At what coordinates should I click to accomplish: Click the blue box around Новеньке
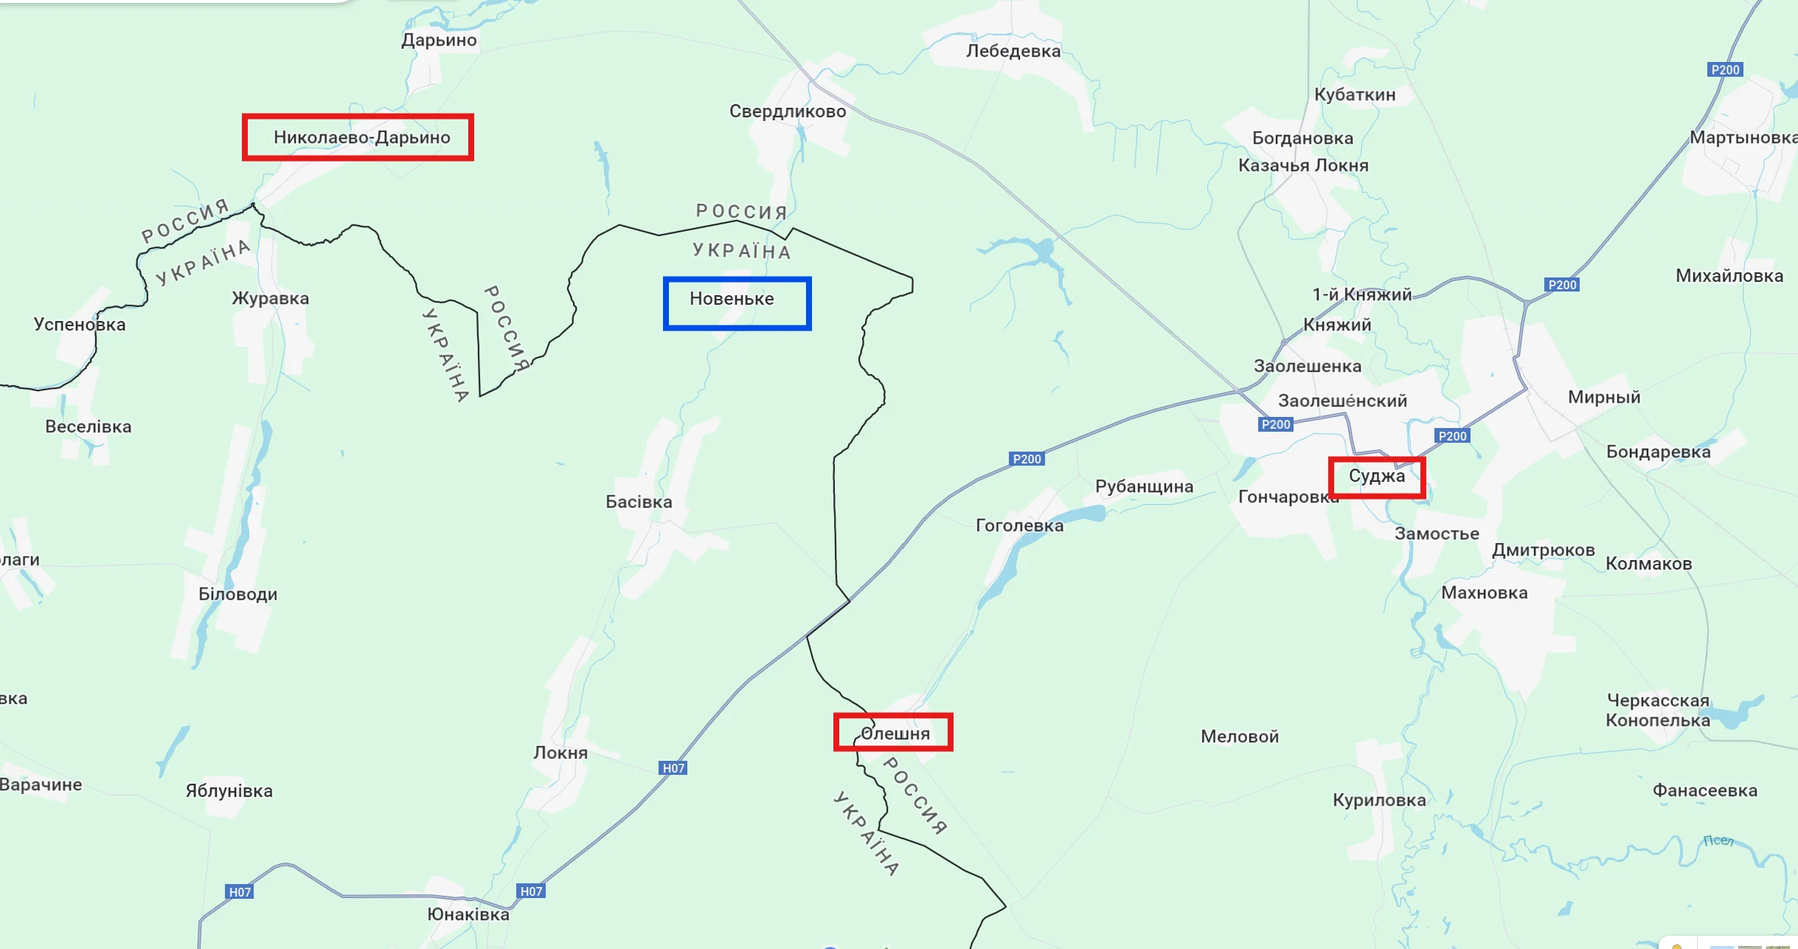pyautogui.click(x=737, y=303)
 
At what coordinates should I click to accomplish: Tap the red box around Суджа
pyautogui.click(x=1376, y=477)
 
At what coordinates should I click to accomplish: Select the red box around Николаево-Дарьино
pyautogui.click(x=358, y=137)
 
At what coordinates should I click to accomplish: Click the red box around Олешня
pyautogui.click(x=893, y=732)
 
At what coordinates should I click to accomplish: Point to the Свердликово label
pyautogui.click(x=788, y=111)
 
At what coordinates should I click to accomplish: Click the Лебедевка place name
pyautogui.click(x=1013, y=51)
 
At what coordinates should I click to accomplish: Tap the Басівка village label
pyautogui.click(x=639, y=502)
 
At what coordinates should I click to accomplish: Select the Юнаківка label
pyautogui.click(x=468, y=914)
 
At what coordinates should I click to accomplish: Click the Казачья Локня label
pyautogui.click(x=1303, y=165)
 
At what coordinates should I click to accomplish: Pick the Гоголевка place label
pyautogui.click(x=1019, y=525)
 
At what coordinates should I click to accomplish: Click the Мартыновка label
pyautogui.click(x=1743, y=137)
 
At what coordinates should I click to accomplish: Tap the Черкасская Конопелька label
pyautogui.click(x=1658, y=710)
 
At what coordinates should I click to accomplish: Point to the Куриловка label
pyautogui.click(x=1379, y=800)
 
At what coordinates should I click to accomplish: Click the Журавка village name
pyautogui.click(x=270, y=298)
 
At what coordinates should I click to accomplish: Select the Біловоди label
pyautogui.click(x=237, y=594)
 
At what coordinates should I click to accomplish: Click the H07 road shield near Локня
pyautogui.click(x=673, y=767)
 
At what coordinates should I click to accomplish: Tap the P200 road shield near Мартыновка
pyautogui.click(x=1725, y=69)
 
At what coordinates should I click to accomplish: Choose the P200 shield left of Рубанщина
pyautogui.click(x=1027, y=459)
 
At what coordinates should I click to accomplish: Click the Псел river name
pyautogui.click(x=1718, y=841)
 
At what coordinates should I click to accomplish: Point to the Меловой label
pyautogui.click(x=1239, y=736)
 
